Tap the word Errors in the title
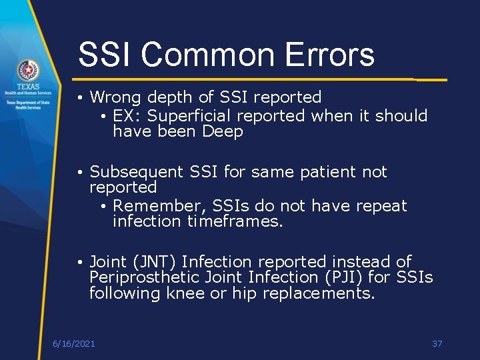(x=326, y=55)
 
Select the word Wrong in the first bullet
(x=116, y=97)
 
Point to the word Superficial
(x=189, y=116)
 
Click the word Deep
(x=223, y=132)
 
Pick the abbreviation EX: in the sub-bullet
(x=127, y=116)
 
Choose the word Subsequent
(x=135, y=172)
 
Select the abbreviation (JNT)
(x=153, y=261)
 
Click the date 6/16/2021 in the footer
(x=73, y=343)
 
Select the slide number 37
(x=437, y=343)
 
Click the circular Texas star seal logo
(x=28, y=70)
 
